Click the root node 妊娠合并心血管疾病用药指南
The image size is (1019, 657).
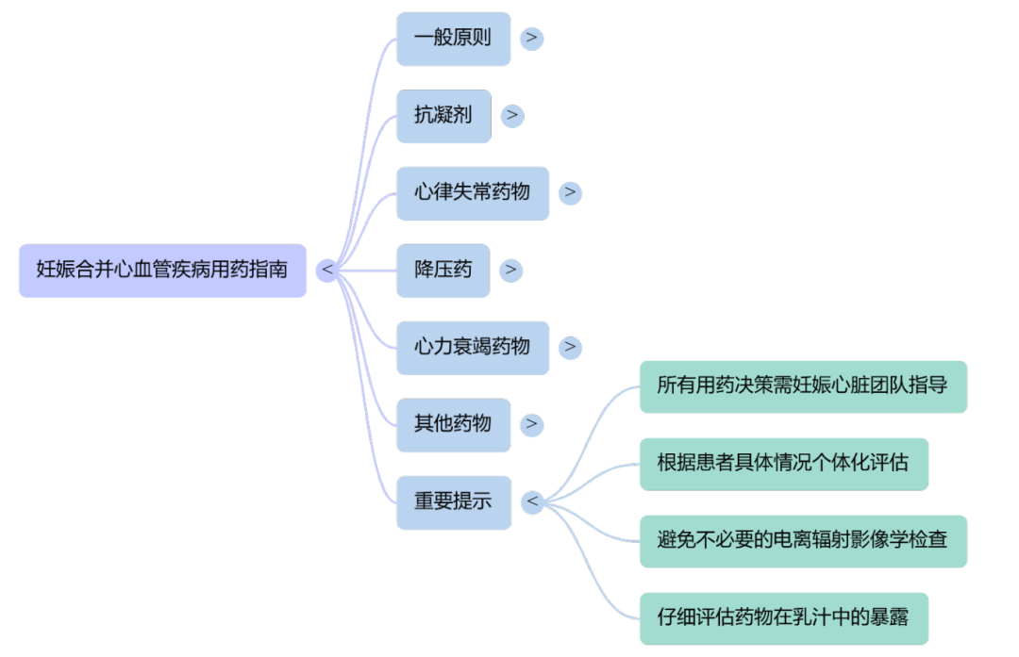pos(162,271)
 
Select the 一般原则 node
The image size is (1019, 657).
pos(453,40)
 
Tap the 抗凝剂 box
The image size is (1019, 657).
pos(443,116)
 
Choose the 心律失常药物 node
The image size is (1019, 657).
pos(472,193)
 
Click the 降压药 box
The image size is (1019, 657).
pos(443,271)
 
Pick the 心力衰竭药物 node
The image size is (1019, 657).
pos(472,347)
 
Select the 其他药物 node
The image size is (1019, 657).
pos(453,424)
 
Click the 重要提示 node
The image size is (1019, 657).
pos(453,501)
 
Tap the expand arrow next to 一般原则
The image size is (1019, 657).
pos(532,39)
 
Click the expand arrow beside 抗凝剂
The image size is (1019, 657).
pos(512,116)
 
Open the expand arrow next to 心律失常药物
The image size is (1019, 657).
pos(570,193)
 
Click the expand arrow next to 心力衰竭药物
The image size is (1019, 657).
pos(570,347)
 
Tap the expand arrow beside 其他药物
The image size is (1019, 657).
pos(532,424)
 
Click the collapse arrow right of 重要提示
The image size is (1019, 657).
pos(532,501)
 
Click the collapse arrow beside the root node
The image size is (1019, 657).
pos(326,271)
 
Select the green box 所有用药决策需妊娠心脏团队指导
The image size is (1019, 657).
pos(803,386)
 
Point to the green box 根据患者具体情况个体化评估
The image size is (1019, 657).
pos(783,464)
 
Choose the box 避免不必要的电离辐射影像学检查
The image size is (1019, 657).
pos(803,540)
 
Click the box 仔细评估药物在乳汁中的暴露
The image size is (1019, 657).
pos(783,618)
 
